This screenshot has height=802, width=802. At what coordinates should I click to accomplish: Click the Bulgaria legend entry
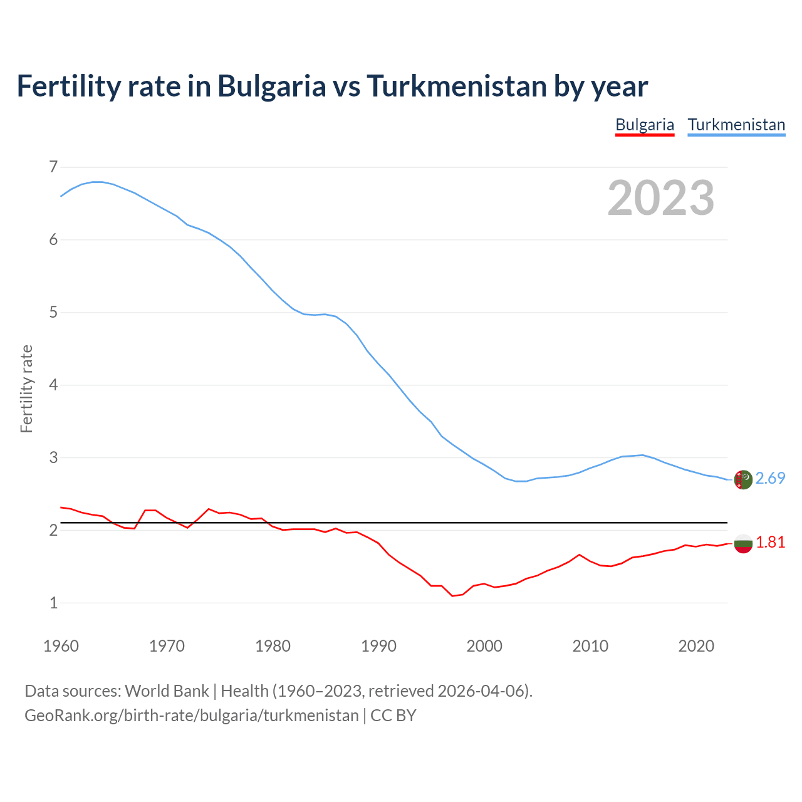[645, 125]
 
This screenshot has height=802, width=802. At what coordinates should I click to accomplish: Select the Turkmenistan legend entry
[736, 125]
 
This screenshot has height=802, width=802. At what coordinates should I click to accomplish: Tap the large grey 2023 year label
[660, 198]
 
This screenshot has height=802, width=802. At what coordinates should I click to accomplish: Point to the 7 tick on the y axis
[53, 167]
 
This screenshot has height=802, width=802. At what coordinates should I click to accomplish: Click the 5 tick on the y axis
[53, 312]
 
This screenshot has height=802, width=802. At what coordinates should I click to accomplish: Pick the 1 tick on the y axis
[53, 603]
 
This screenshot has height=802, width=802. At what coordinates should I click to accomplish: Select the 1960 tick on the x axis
[61, 646]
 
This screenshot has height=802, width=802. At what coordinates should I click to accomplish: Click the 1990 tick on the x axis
[378, 646]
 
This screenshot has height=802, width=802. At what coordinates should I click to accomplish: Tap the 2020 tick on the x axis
[696, 646]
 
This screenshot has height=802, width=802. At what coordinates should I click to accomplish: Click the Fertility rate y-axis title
[26, 388]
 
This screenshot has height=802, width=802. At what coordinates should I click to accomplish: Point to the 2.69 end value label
[770, 478]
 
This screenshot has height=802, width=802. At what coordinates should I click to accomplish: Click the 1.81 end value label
[770, 543]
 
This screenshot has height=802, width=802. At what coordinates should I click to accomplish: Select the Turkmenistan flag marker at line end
[743, 479]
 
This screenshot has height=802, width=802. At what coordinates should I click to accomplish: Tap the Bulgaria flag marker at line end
[743, 544]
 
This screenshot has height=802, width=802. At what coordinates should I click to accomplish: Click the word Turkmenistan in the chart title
[456, 86]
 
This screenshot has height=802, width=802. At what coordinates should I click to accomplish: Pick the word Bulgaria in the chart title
[271, 86]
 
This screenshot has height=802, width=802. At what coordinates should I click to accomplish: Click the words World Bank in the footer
[167, 691]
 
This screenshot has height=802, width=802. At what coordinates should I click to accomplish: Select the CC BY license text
[393, 716]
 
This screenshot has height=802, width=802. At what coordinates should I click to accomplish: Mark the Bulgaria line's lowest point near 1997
[452, 596]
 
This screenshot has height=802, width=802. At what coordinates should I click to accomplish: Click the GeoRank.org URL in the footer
[191, 716]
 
